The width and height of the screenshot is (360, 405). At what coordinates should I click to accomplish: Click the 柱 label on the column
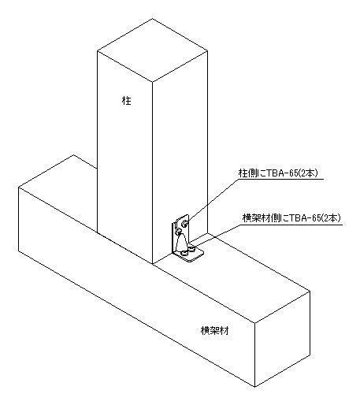(127, 100)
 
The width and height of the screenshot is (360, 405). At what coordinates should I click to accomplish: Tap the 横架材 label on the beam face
(214, 330)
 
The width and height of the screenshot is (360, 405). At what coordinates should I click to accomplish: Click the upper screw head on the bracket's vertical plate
(184, 224)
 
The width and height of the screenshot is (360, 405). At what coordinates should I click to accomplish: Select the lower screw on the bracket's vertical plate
(178, 232)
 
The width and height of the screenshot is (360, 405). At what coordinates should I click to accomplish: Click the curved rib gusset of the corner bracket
(182, 243)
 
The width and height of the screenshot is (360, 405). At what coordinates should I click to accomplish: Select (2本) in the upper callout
(308, 173)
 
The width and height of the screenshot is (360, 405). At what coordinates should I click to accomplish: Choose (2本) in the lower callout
(331, 218)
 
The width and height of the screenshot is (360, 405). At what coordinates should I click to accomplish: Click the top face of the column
(152, 50)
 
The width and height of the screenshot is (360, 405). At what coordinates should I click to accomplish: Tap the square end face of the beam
(282, 339)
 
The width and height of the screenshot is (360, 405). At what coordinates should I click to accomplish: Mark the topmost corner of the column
(152, 18)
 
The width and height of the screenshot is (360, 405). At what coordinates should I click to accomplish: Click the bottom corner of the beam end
(254, 387)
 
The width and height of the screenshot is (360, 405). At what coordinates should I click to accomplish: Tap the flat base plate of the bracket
(189, 255)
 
